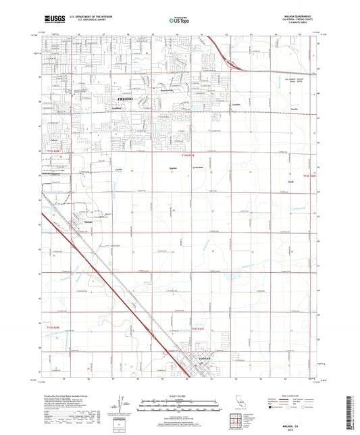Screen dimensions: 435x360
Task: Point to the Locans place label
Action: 235,106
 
